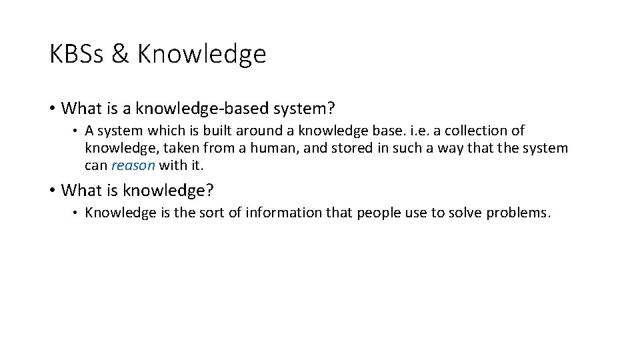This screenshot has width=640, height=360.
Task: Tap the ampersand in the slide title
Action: pos(120,54)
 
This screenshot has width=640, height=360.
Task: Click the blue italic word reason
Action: pos(133,165)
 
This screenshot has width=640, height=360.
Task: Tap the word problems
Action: pos(518,213)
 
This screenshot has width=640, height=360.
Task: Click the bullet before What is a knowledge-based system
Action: pos(53,108)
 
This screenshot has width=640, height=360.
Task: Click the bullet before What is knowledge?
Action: pos(53,191)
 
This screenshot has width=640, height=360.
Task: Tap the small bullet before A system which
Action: pos(77,131)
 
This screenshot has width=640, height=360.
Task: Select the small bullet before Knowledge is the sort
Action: pos(77,213)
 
